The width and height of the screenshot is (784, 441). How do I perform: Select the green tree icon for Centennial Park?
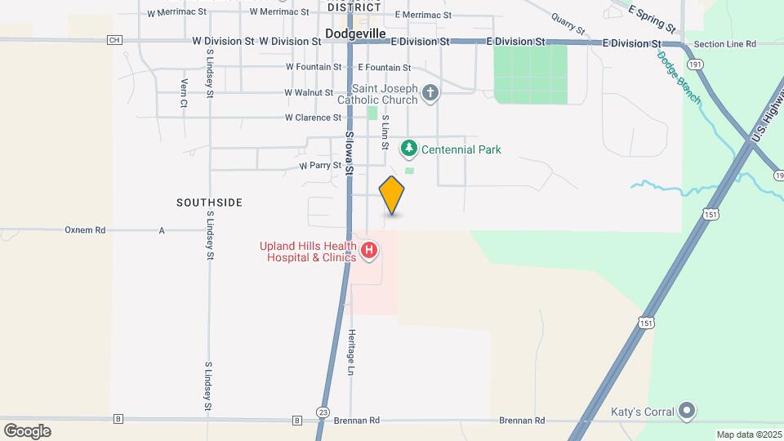pos(408,149)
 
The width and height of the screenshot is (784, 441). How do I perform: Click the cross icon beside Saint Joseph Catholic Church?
pos(431,94)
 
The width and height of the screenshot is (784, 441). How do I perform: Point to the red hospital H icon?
pos(369,251)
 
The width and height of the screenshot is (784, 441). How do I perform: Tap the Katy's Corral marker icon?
pos(688,410)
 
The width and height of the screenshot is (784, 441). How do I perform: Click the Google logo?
pos(27,431)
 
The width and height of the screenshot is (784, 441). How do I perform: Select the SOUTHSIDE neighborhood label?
pos(210,202)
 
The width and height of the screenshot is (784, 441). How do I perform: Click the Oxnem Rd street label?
pos(85,230)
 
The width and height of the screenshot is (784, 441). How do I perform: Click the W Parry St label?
pos(319,165)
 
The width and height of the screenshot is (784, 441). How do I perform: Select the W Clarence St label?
pos(312,118)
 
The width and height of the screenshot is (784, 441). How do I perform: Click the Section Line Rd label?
pos(724,44)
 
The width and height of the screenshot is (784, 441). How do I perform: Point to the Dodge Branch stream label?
pos(679,77)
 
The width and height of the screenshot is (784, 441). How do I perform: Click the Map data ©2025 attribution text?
pos(747,434)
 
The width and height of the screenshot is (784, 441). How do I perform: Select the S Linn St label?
pos(385,131)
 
